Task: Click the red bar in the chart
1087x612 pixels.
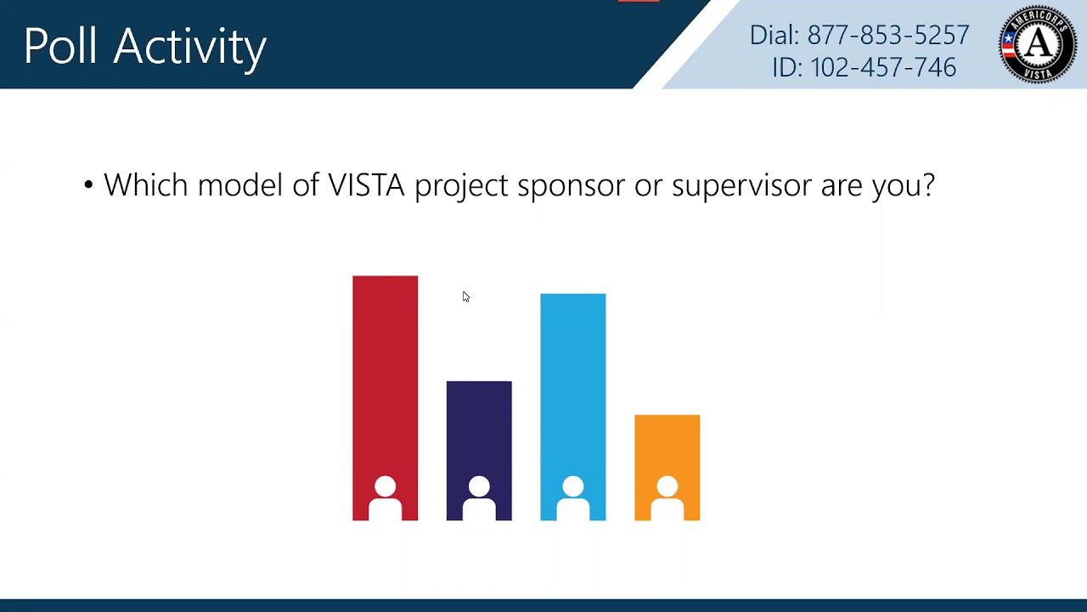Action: pyautogui.click(x=385, y=374)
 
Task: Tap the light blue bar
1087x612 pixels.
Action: pyautogui.click(x=573, y=382)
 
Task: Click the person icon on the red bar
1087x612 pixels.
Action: pyautogui.click(x=385, y=498)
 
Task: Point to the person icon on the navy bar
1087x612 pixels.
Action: pyautogui.click(x=479, y=498)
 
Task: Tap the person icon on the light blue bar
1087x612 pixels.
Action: pyautogui.click(x=573, y=498)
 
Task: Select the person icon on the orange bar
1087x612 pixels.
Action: pyautogui.click(x=667, y=498)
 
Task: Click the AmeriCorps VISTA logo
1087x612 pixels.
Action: pyautogui.click(x=1038, y=44)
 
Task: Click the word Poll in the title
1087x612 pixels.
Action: pyautogui.click(x=60, y=46)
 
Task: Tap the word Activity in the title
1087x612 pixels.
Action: pyautogui.click(x=190, y=48)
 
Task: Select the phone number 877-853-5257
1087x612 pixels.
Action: pyautogui.click(x=887, y=35)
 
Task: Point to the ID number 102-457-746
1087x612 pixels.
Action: pyautogui.click(x=883, y=67)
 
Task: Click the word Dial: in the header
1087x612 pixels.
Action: pyautogui.click(x=774, y=35)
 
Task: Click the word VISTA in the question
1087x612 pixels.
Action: pyautogui.click(x=366, y=184)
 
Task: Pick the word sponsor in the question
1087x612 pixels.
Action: pyautogui.click(x=571, y=186)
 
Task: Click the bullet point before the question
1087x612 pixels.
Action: pyautogui.click(x=88, y=184)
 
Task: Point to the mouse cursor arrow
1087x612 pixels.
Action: pyautogui.click(x=465, y=296)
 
